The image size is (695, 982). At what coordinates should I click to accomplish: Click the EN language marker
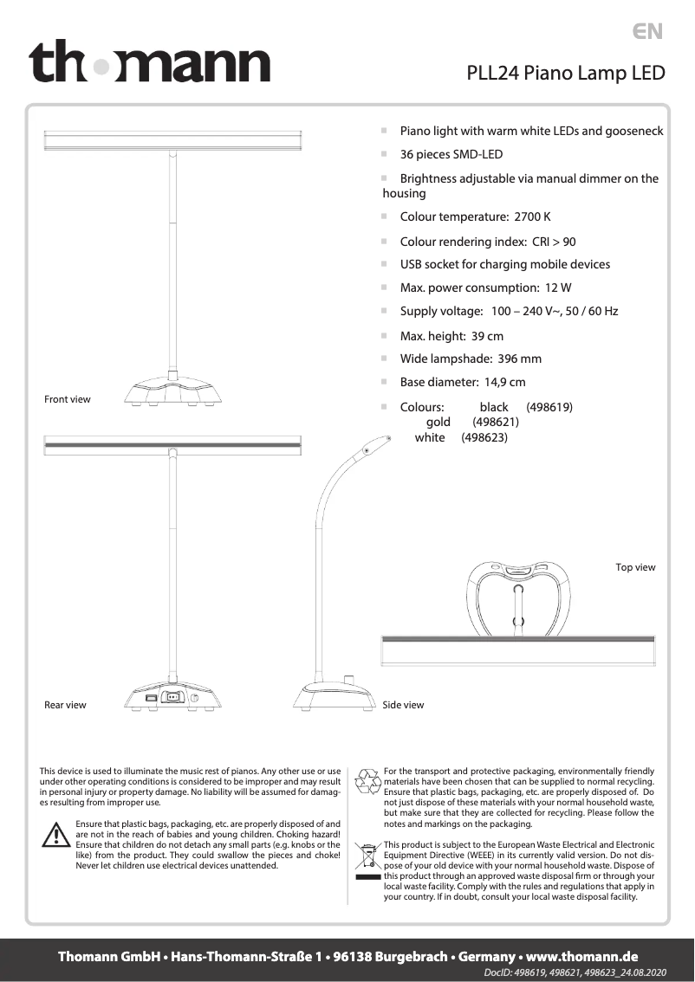click(647, 32)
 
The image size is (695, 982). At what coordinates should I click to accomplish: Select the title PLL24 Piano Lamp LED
click(566, 73)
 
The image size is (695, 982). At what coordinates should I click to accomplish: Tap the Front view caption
click(68, 399)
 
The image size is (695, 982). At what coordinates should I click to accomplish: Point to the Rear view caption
click(65, 705)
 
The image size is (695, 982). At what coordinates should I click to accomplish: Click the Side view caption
click(403, 705)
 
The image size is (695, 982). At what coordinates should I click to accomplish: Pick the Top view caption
click(635, 567)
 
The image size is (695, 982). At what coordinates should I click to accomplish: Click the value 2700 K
click(532, 216)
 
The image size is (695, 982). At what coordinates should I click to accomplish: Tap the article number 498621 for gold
click(496, 422)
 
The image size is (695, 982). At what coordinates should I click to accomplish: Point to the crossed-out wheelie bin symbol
click(368, 857)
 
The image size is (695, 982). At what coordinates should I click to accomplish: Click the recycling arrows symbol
click(369, 780)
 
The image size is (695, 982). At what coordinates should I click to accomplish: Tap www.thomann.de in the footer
click(582, 957)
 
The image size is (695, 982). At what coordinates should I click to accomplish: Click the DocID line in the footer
click(575, 973)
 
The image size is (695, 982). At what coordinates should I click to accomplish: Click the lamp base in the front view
click(172, 392)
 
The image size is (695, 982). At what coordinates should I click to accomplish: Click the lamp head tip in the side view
click(371, 446)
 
